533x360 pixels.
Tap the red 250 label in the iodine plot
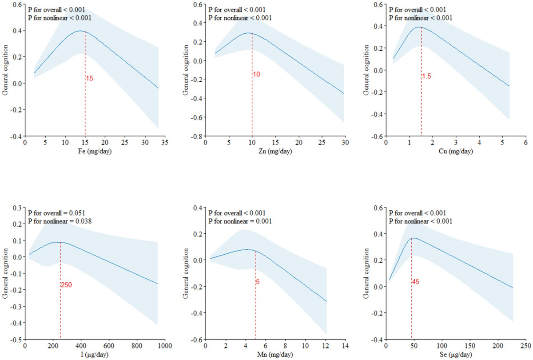tap(66, 285)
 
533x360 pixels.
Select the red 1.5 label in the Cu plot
tap(426, 76)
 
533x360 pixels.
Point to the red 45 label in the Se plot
tap(416, 281)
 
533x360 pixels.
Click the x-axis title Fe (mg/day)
tap(94, 152)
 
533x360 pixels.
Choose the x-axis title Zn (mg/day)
tap(275, 152)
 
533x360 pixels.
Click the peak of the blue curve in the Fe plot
tap(80, 31)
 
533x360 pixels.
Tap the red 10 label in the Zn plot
tap(256, 74)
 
